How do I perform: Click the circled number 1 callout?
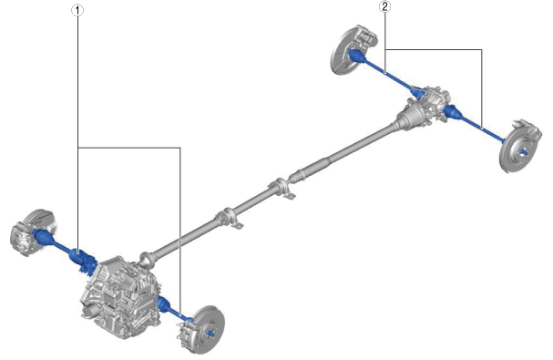point(77,10)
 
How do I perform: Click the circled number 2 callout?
point(384,6)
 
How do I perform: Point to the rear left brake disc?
point(343,53)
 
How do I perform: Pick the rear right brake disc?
point(517,150)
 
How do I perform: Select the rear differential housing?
point(424,106)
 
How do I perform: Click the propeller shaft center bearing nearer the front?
point(230,218)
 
